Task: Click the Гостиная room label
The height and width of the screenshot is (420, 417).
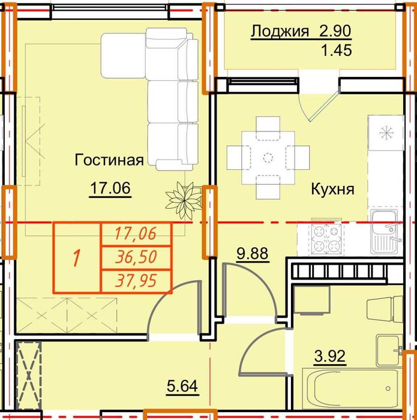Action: [109, 160]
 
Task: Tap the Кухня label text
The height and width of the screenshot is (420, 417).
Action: [332, 189]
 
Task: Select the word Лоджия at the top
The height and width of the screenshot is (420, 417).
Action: [280, 31]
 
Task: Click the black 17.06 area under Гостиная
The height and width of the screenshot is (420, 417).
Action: [110, 188]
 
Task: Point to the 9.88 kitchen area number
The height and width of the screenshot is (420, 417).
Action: [253, 253]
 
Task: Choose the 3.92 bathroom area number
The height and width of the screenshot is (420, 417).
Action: [330, 356]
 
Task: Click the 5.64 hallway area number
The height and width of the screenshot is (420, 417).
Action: [182, 386]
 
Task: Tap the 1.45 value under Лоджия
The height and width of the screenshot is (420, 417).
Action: [337, 50]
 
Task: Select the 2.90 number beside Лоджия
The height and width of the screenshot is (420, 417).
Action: [335, 31]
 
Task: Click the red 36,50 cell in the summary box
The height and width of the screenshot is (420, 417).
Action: [136, 257]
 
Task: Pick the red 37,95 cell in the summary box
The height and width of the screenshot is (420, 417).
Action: [136, 281]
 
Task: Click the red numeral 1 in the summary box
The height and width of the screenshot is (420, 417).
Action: [77, 257]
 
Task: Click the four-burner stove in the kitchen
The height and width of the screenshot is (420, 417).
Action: [326, 239]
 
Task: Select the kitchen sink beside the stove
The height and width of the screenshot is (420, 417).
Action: [386, 232]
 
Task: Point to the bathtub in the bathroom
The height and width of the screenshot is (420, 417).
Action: [352, 388]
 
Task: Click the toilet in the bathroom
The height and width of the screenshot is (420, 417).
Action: [385, 310]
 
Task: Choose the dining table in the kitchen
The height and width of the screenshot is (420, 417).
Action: [268, 158]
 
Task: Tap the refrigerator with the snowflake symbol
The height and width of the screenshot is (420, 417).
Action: [386, 133]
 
